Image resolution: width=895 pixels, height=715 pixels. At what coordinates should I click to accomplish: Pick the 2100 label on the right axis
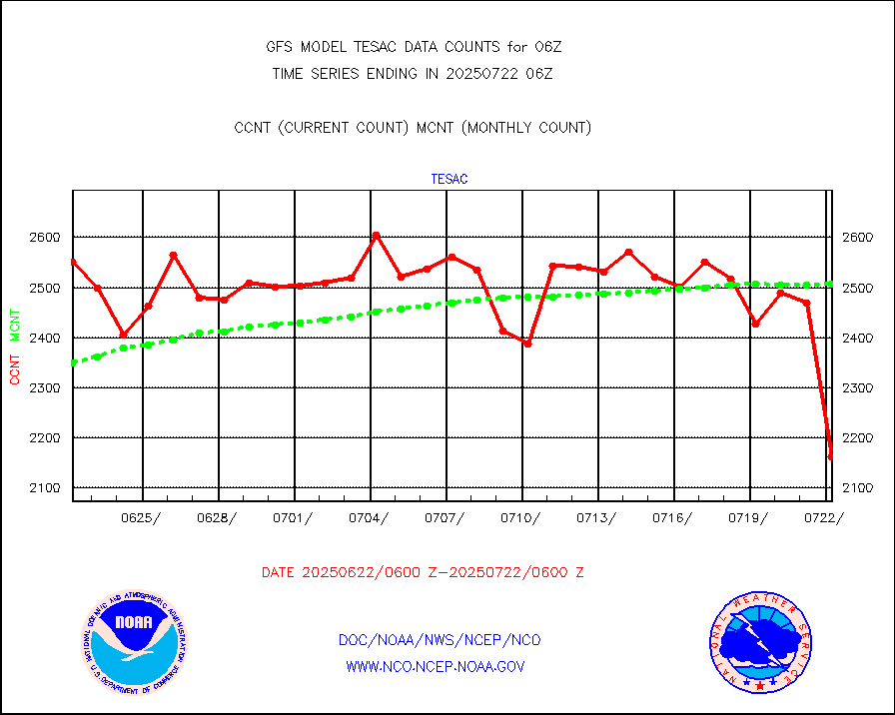857,487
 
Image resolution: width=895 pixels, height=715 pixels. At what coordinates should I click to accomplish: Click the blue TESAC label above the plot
449,180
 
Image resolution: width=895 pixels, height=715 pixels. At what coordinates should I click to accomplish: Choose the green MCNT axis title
15,326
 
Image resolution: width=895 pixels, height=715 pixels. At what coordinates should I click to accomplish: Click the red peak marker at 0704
376,236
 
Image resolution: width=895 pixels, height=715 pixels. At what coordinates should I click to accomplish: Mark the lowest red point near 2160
831,457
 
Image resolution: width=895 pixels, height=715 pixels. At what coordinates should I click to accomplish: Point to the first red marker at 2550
73,262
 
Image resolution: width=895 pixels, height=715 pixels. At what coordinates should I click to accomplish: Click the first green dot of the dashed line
73,362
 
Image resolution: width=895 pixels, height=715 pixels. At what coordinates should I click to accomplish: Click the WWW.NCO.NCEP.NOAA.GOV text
436,666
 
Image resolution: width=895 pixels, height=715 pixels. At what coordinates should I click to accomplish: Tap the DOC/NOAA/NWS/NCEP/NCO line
441,640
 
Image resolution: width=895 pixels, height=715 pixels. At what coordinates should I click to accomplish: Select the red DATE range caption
423,573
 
